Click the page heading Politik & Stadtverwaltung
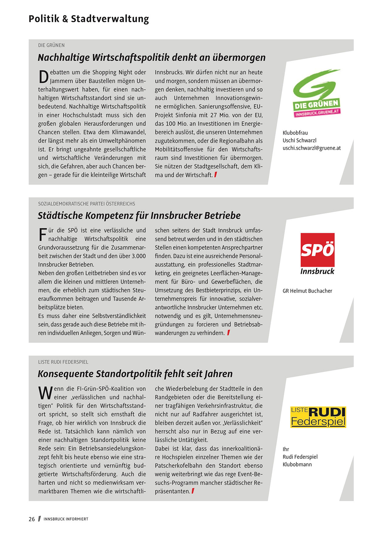pos(89,19)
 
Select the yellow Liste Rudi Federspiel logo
pos(318,417)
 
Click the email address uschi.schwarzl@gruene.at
pos(312,148)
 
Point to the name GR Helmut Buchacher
pos(307,291)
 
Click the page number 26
pos(32,519)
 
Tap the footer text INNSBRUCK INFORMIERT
pos(66,519)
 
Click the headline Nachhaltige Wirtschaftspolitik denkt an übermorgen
pos(152,57)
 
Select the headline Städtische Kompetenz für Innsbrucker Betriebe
pos(139,215)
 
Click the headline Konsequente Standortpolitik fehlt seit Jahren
pos(135,373)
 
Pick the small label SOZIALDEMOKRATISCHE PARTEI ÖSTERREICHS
pos(87,204)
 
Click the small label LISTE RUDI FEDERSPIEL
pos(63,362)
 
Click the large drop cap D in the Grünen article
pos(43,77)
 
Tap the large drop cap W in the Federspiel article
pos(46,393)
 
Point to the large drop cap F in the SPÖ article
pos(43,235)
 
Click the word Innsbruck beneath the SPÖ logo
pos(317,271)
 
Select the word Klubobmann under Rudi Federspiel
pos(297,464)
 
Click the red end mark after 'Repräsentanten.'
pos(193,491)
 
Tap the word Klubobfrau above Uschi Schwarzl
pos(295,133)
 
